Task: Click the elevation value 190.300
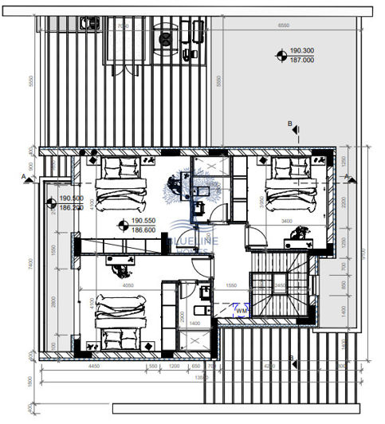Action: coord(304,50)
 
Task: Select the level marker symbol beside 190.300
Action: coord(281,55)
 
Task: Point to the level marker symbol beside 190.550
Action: coord(122,225)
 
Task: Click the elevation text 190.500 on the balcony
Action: coord(72,198)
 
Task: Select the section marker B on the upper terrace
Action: coord(291,124)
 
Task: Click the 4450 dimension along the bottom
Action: coord(92,366)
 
